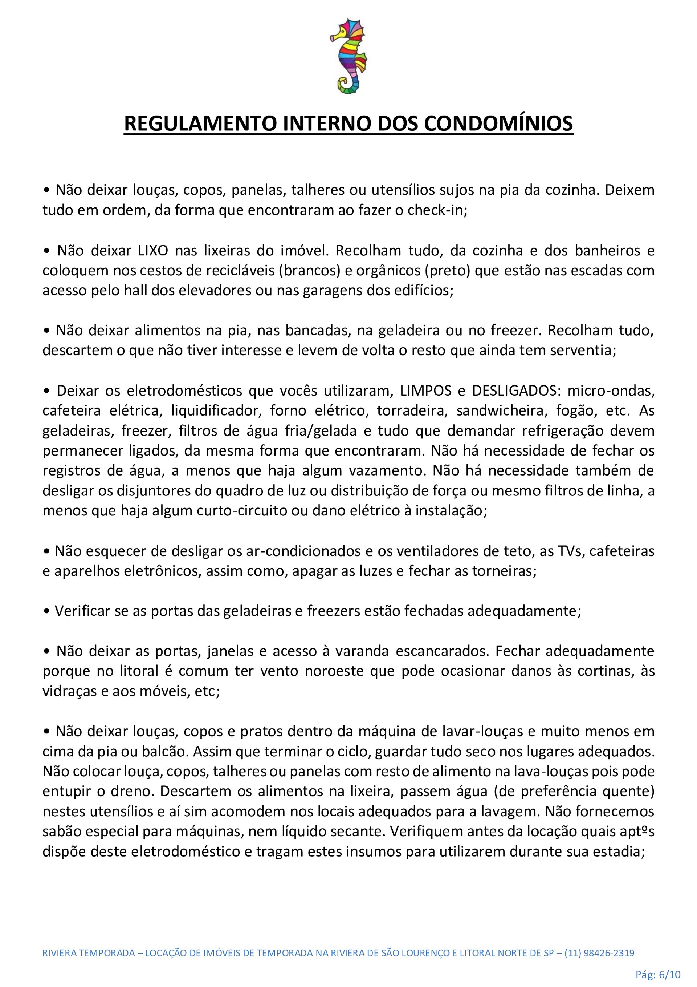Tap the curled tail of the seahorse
click(346, 85)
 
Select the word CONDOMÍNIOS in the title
click(498, 124)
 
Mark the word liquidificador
click(217, 410)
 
